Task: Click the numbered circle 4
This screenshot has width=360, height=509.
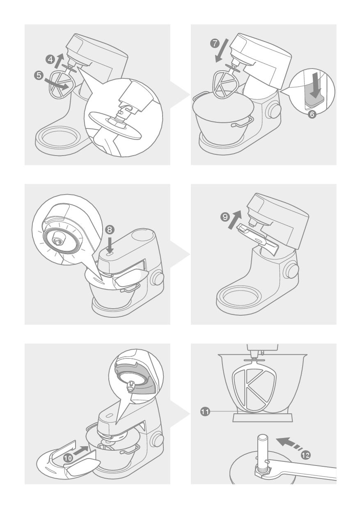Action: (x=50, y=60)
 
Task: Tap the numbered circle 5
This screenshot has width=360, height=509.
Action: (x=39, y=75)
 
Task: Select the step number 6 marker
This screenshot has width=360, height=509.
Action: (x=312, y=114)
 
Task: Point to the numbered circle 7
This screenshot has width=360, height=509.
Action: (x=215, y=43)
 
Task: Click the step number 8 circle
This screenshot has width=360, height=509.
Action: (x=110, y=229)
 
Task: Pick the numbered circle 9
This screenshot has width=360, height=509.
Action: (x=225, y=217)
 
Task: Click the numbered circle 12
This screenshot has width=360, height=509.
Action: (x=306, y=455)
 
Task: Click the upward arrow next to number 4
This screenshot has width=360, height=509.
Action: (x=59, y=60)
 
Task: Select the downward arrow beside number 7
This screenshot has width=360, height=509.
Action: (x=222, y=50)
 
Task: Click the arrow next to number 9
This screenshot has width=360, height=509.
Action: (x=234, y=220)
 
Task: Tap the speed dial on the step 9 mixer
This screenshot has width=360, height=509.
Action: (x=292, y=270)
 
